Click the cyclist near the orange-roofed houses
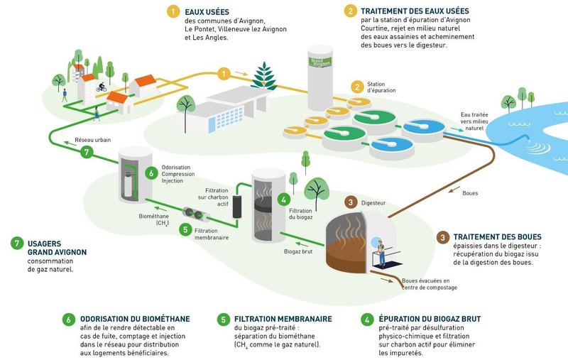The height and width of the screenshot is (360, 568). [x=102, y=87]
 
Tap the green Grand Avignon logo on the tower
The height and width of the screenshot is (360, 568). [x=320, y=62]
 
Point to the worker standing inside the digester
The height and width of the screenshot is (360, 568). [x=381, y=251]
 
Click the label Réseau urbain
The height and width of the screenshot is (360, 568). [x=93, y=140]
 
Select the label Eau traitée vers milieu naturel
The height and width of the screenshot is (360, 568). [x=474, y=121]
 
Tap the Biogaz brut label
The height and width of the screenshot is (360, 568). [x=298, y=251]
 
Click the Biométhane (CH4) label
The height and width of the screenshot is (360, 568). [x=153, y=220]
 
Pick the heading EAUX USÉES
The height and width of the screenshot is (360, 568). [x=207, y=12]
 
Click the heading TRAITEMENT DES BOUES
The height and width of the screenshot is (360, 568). [x=498, y=237]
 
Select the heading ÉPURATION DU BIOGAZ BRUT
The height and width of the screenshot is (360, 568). [x=430, y=319]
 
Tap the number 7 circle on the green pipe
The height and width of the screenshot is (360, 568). [x=86, y=152]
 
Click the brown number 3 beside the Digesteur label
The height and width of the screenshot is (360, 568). [x=350, y=202]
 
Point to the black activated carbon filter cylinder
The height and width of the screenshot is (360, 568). [x=237, y=207]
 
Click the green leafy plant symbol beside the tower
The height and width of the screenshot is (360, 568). [x=264, y=76]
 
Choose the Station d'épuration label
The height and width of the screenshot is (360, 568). [x=381, y=87]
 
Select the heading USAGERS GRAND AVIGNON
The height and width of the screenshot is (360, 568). [x=57, y=248]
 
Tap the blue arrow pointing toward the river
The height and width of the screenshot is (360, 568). [x=457, y=130]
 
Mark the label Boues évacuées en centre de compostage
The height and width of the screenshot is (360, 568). [x=430, y=284]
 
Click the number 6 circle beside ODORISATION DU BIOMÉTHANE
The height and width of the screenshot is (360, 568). [x=68, y=320]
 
